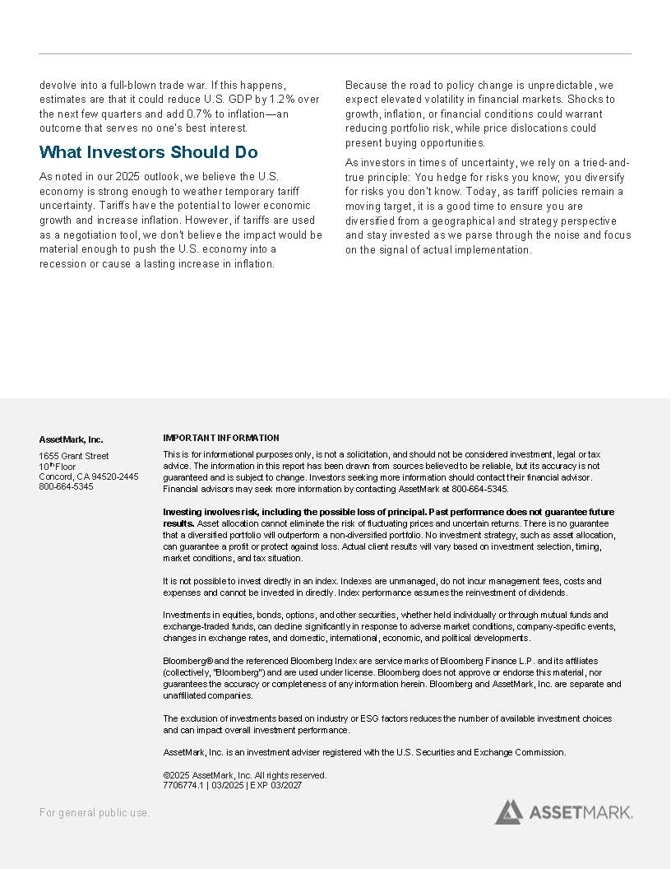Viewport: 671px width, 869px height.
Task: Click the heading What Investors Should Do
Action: pyautogui.click(x=148, y=152)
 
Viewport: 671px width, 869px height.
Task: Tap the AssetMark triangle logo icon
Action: pyautogui.click(x=508, y=811)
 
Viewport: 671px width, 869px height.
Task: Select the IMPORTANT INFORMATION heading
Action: pyautogui.click(x=221, y=438)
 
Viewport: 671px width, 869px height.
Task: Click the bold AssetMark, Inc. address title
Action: pyautogui.click(x=72, y=439)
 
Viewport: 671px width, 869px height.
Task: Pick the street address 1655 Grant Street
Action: pyautogui.click(x=74, y=456)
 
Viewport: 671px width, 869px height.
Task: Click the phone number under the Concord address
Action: pyautogui.click(x=67, y=486)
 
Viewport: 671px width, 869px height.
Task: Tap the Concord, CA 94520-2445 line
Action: pyautogui.click(x=89, y=476)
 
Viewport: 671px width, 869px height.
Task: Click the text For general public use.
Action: pyautogui.click(x=95, y=813)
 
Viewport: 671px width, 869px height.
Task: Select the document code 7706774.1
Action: pyautogui.click(x=183, y=785)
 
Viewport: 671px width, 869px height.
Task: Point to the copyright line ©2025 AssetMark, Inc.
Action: pyautogui.click(x=244, y=775)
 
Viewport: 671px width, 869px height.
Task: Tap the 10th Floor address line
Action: pyautogui.click(x=58, y=467)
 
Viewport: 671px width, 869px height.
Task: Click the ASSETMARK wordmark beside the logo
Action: pyautogui.click(x=581, y=813)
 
